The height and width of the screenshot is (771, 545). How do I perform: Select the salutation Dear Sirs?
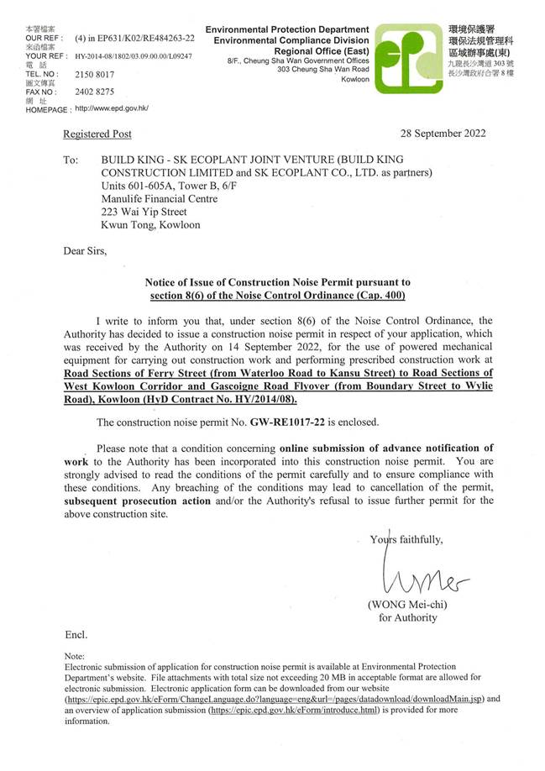(86, 249)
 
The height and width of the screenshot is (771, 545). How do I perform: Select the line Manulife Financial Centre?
(159, 199)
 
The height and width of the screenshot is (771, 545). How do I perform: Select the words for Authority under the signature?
(408, 617)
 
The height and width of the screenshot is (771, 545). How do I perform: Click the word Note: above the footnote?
(75, 655)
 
